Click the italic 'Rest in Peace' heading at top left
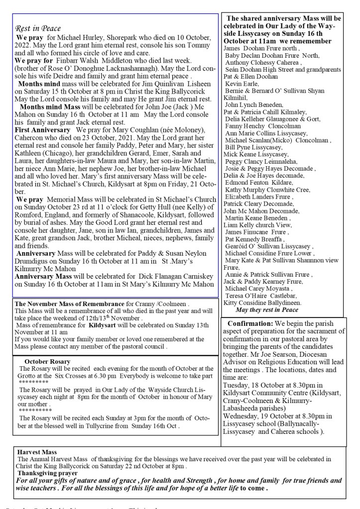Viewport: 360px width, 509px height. point(37,29)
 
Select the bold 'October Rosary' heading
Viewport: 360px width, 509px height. point(47,361)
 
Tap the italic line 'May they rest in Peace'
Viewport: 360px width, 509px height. point(266,309)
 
